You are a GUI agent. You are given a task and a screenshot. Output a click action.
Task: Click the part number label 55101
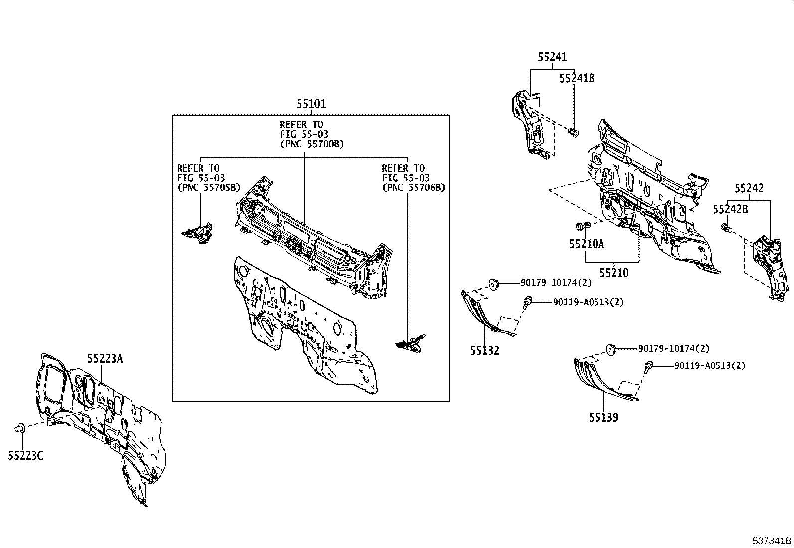(311, 104)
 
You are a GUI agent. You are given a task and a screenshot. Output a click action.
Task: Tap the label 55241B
(577, 78)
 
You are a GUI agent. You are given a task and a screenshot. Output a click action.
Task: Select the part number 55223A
(105, 358)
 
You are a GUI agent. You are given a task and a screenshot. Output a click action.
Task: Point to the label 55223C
(25, 455)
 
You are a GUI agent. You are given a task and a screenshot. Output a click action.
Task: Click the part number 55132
(484, 350)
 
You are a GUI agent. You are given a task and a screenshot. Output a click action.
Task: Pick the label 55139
(603, 417)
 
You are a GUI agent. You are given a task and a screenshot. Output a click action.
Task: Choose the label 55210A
(587, 244)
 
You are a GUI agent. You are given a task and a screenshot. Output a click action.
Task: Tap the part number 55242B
(730, 209)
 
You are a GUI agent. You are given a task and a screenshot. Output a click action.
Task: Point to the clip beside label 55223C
(20, 427)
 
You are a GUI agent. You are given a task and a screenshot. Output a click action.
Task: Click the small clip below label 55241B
(573, 132)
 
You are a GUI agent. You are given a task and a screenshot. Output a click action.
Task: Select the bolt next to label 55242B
(726, 229)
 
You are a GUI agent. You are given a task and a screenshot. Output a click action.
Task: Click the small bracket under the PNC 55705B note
(198, 234)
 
